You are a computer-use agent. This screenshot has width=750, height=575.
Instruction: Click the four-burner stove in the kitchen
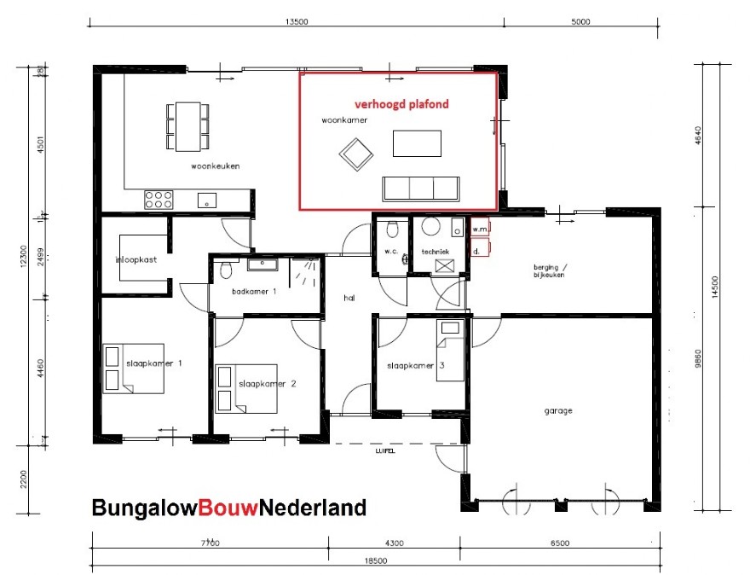coord(159,200)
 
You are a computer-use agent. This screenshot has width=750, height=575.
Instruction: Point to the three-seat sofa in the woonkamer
coord(420,188)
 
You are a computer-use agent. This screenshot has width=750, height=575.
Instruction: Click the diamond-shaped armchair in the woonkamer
coord(355,156)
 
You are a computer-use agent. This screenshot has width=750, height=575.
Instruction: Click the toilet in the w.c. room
coord(392,229)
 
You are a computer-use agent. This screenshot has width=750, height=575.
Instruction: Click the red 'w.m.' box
coord(479,229)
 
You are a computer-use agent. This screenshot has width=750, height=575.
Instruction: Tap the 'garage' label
coord(558,410)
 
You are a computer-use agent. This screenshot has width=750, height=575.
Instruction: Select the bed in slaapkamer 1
coord(133,368)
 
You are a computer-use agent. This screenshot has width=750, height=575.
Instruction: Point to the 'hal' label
coord(349,298)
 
